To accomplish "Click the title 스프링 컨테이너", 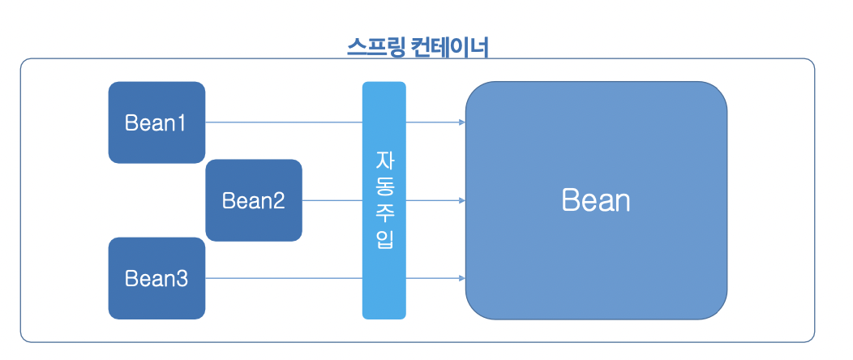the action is coord(417,46).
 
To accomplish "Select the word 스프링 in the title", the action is coord(374,46).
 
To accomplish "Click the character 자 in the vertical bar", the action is coord(384,159).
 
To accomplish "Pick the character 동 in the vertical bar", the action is coord(384,186).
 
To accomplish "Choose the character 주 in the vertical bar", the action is coord(384,212).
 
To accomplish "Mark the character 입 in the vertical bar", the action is coord(384,240).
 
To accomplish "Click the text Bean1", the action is coord(156,123).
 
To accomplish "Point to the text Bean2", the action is coord(254,200).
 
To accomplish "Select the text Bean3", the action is coord(156,279).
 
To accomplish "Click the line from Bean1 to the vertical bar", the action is coord(284,123).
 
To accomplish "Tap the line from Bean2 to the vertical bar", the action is coord(332,200).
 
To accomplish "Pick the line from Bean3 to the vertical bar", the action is coord(284,279).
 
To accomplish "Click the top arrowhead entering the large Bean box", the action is coord(461,123).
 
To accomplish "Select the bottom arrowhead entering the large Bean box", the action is coord(461,279).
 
